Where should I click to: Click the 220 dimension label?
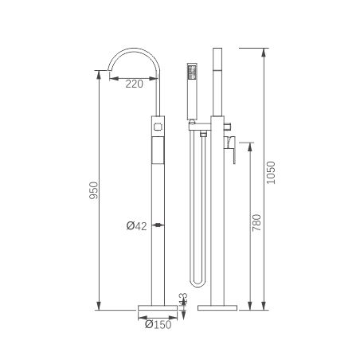click(x=134, y=84)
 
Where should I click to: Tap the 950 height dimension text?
click(x=93, y=190)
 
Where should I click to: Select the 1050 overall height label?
click(x=271, y=173)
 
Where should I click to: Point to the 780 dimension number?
click(x=256, y=222)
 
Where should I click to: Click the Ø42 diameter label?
click(x=136, y=226)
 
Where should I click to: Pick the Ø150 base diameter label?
click(x=158, y=324)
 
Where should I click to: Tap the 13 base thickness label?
click(x=184, y=299)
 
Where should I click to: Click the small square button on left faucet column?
click(x=158, y=127)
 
